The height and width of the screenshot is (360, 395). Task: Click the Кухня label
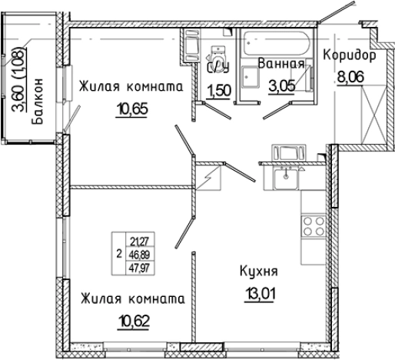257,271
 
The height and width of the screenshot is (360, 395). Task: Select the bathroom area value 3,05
281,85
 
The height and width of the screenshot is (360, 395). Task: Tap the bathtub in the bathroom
276,42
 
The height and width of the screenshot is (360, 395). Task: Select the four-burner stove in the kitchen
314,226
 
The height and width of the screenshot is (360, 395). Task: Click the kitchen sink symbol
286,180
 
